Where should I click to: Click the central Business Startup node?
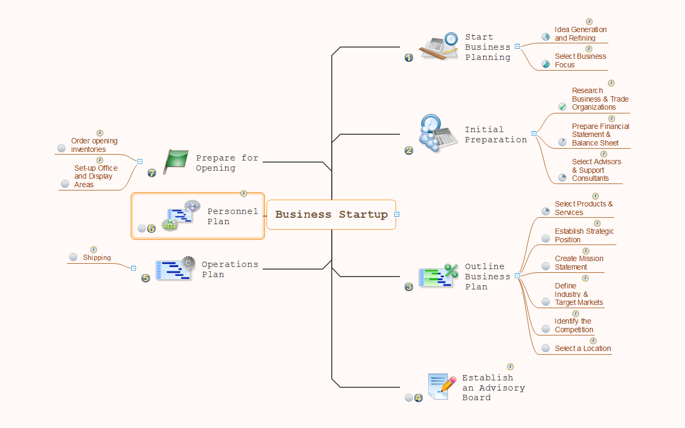(x=331, y=215)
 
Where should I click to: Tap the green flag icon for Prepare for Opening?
(x=176, y=162)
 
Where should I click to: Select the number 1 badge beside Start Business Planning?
(x=409, y=57)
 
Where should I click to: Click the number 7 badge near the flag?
(x=152, y=173)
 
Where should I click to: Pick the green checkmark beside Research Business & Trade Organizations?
(x=562, y=106)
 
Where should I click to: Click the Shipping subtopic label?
(x=97, y=258)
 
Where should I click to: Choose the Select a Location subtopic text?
(x=583, y=348)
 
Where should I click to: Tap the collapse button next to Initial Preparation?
(x=534, y=134)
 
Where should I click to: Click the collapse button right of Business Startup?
(x=397, y=215)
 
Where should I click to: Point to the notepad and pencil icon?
(x=442, y=386)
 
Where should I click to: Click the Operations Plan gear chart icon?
(x=176, y=268)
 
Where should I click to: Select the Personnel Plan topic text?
(x=233, y=217)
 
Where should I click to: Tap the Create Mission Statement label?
(x=579, y=263)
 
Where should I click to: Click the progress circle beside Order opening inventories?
(x=62, y=148)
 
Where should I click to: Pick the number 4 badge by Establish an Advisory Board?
(x=418, y=398)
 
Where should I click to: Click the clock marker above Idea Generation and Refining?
(x=589, y=22)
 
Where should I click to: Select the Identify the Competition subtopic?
(x=574, y=325)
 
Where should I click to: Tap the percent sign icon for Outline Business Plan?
(x=451, y=270)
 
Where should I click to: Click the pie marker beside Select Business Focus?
(x=546, y=64)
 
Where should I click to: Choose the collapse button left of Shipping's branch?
(x=134, y=268)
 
